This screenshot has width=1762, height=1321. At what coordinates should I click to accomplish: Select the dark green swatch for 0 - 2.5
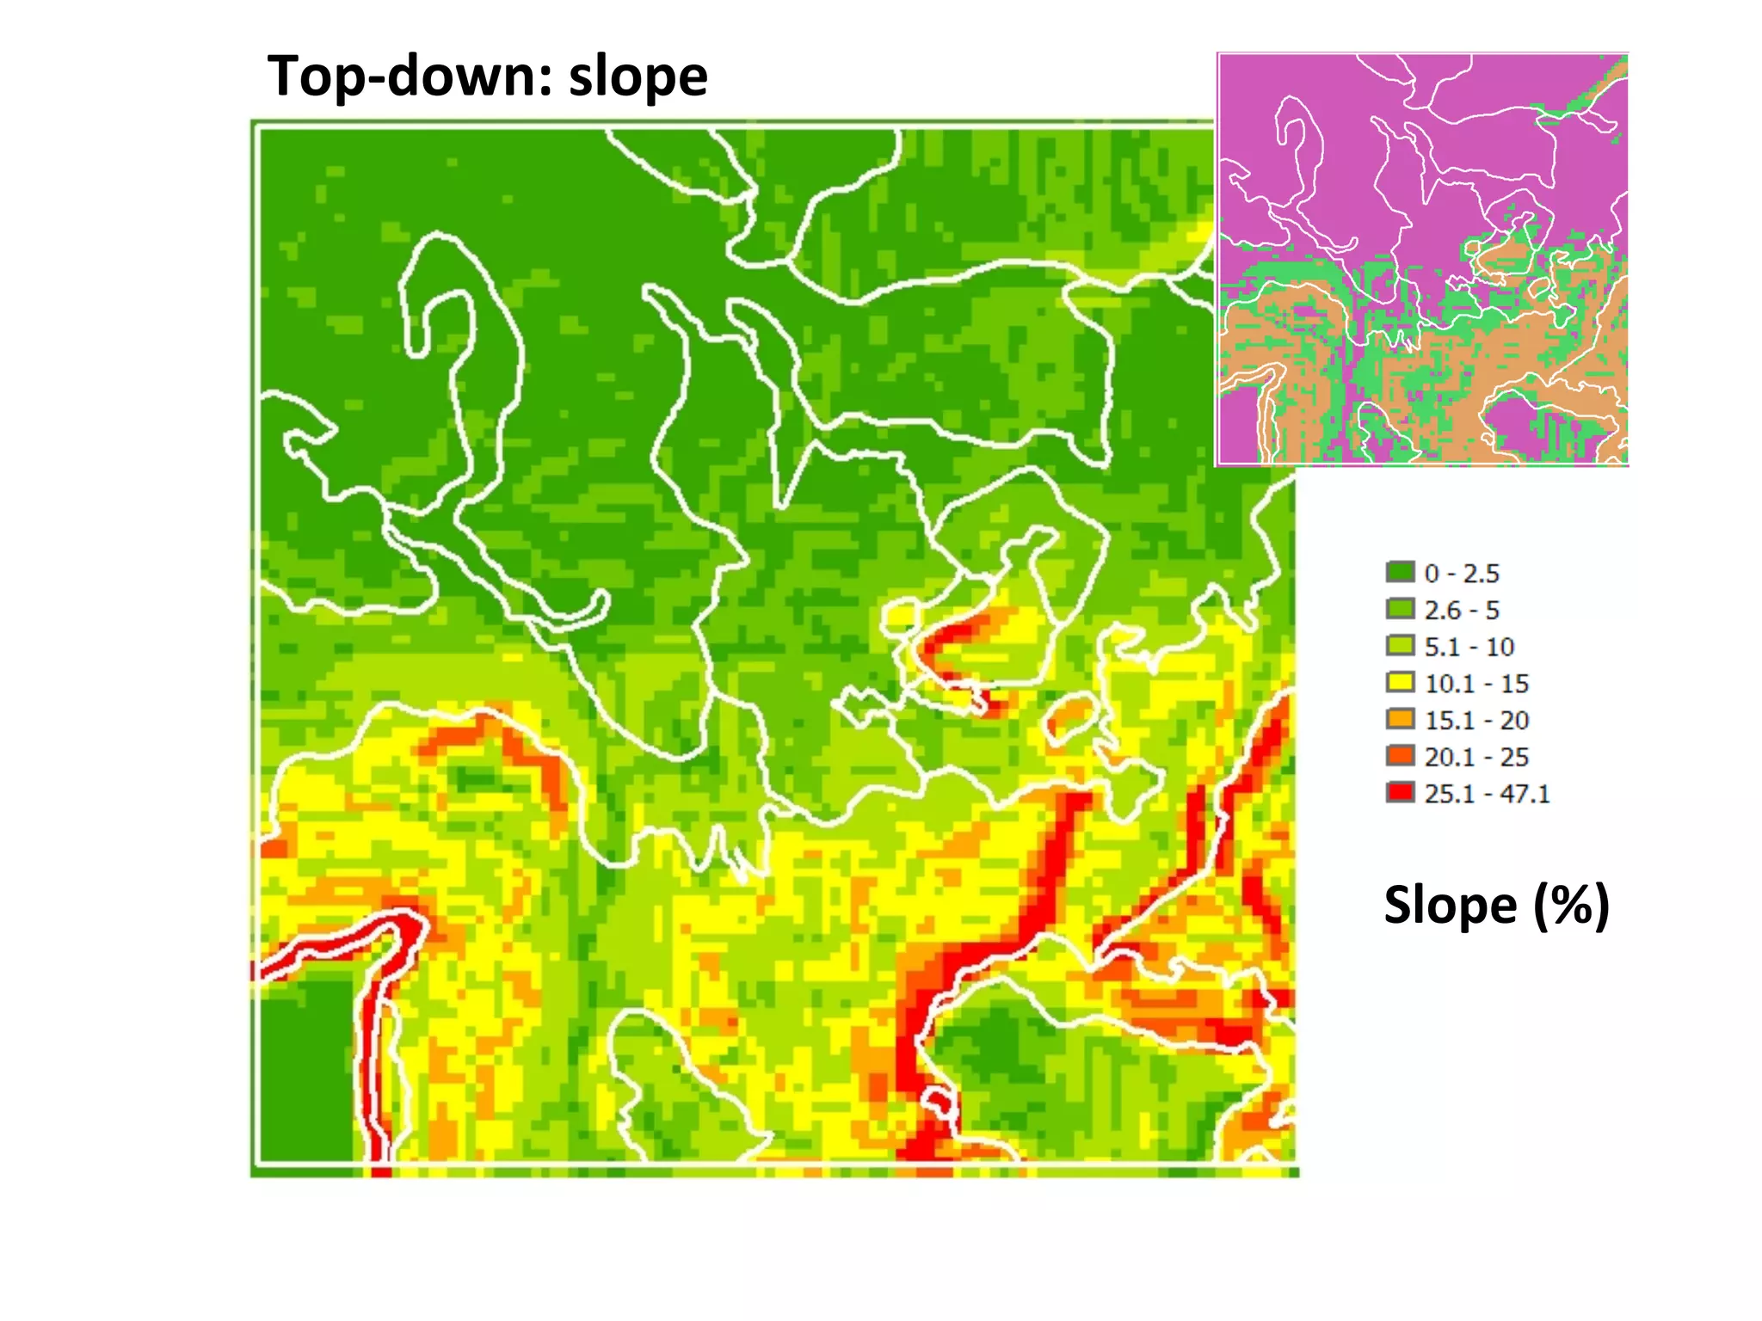click(x=1400, y=572)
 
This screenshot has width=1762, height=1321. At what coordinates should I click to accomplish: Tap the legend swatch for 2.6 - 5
click(x=1400, y=609)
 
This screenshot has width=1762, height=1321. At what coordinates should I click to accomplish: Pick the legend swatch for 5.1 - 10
click(x=1400, y=646)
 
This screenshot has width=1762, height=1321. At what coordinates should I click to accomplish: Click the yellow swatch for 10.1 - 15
click(x=1400, y=683)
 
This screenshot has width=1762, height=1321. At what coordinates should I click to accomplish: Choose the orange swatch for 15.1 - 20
click(x=1400, y=719)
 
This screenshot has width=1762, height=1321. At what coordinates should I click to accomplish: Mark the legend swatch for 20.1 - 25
click(x=1400, y=756)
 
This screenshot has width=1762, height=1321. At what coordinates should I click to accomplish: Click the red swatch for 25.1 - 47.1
click(x=1400, y=793)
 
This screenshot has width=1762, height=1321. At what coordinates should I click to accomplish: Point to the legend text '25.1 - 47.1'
click(x=1487, y=794)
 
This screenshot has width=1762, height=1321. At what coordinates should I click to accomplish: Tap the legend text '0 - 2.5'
click(x=1462, y=573)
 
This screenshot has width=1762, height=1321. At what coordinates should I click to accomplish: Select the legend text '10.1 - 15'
click(x=1476, y=684)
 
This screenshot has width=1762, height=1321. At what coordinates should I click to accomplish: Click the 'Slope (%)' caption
click(x=1496, y=906)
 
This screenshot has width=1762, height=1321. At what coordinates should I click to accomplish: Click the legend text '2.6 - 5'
click(x=1462, y=610)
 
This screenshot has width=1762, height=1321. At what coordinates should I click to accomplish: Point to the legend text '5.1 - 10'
click(x=1469, y=647)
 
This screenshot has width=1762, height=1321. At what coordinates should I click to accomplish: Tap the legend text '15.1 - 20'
click(x=1476, y=720)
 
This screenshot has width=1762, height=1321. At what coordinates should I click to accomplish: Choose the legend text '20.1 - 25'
click(x=1476, y=757)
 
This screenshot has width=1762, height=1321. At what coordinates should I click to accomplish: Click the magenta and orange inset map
click(x=1421, y=259)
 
